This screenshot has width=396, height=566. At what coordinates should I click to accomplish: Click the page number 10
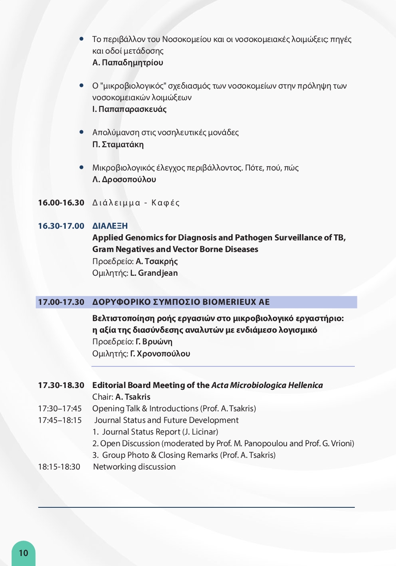pyautogui.click(x=23, y=553)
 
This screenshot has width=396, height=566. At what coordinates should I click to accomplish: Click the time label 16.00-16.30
pyautogui.click(x=61, y=203)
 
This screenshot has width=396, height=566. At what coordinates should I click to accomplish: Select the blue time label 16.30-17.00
pyautogui.click(x=61, y=226)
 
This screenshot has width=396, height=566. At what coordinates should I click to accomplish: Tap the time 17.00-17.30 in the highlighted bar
pyautogui.click(x=61, y=302)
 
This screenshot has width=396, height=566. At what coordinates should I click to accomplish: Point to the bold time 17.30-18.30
pyautogui.click(x=61, y=385)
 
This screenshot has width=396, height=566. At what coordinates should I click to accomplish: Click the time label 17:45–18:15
pyautogui.click(x=60, y=420)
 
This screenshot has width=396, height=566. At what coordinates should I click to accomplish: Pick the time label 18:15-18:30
pyautogui.click(x=59, y=467)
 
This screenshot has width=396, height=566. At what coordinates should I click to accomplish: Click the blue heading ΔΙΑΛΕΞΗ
pyautogui.click(x=110, y=226)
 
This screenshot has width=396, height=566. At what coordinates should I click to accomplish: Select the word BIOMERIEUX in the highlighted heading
pyautogui.click(x=229, y=302)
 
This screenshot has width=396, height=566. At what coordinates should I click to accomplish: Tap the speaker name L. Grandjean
pyautogui.click(x=154, y=273)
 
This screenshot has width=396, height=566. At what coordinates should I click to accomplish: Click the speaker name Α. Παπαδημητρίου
pyautogui.click(x=128, y=62)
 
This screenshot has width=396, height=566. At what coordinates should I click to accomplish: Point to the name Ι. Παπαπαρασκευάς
pyautogui.click(x=129, y=109)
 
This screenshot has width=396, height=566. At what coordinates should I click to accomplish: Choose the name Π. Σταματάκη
pyautogui.click(x=118, y=144)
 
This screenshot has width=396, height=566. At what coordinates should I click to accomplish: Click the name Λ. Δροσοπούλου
pyautogui.click(x=124, y=179)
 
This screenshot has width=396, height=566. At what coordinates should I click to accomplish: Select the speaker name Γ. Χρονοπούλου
pyautogui.click(x=160, y=353)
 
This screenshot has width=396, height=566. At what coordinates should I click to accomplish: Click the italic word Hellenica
pyautogui.click(x=305, y=385)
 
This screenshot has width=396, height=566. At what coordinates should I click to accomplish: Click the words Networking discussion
pyautogui.click(x=134, y=467)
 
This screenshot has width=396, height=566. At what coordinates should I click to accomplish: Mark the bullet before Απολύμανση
pyautogui.click(x=82, y=132)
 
